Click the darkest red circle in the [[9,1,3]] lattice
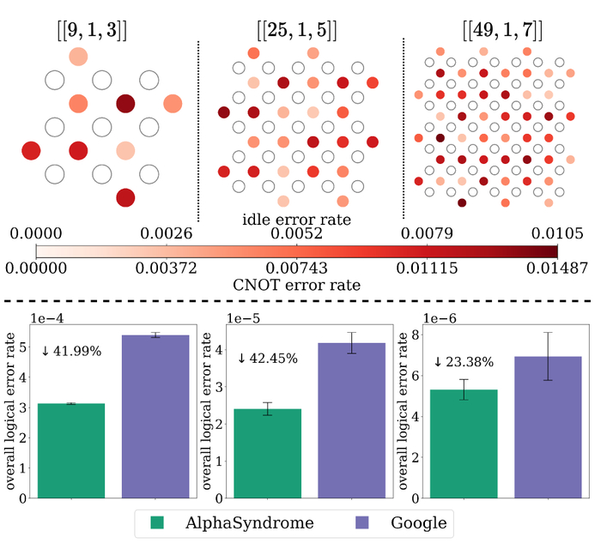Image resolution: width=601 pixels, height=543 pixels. (x=126, y=104)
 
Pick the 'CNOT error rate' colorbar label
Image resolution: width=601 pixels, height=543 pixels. (x=295, y=284)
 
